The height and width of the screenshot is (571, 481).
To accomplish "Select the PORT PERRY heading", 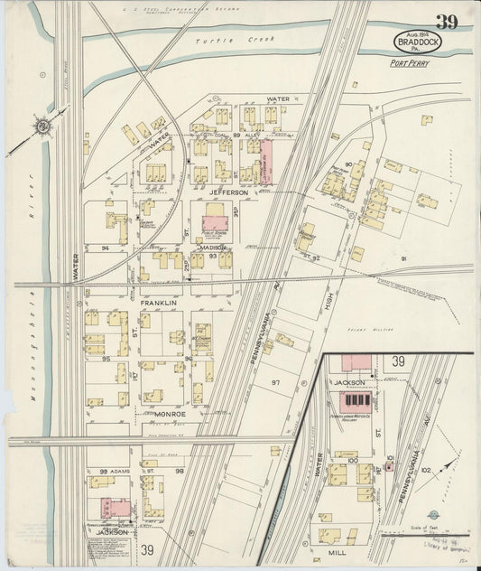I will click(x=409, y=63).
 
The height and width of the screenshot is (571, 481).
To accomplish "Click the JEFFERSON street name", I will click(x=229, y=192).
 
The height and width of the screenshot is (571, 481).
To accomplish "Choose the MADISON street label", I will click(x=213, y=247).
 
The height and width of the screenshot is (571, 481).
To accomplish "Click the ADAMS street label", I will click(x=122, y=471).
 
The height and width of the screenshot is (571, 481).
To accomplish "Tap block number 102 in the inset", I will click(x=425, y=469).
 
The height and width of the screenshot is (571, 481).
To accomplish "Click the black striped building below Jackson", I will click(x=360, y=400).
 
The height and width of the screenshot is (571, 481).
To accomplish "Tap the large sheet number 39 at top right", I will click(x=447, y=22).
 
